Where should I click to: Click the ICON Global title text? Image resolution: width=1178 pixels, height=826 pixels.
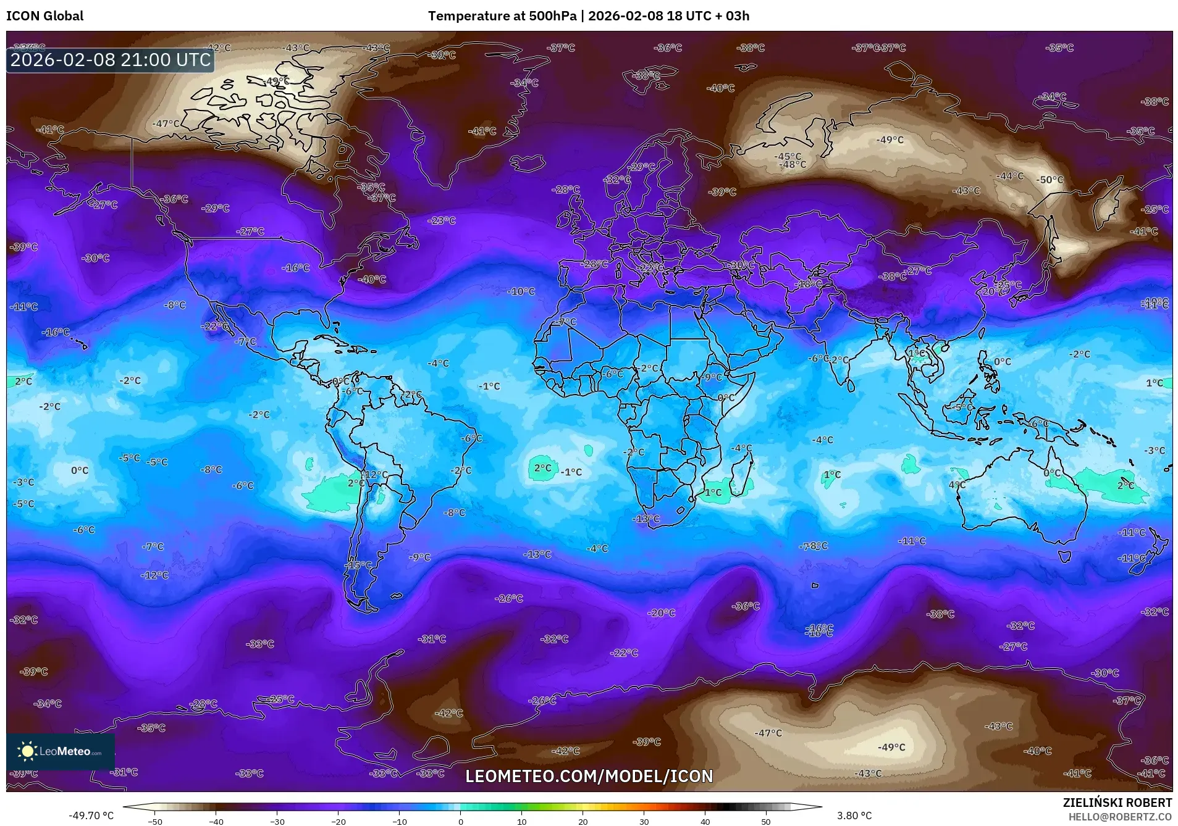click(44, 16)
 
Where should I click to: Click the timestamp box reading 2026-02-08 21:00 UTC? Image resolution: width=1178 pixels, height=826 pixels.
click(111, 60)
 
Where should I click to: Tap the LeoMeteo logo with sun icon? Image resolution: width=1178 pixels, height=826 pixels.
click(60, 751)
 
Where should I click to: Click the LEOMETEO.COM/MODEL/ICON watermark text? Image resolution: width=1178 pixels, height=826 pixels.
click(589, 776)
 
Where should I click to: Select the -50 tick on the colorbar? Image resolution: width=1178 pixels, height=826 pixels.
click(155, 822)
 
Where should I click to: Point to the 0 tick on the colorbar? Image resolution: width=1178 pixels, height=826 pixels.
click(460, 822)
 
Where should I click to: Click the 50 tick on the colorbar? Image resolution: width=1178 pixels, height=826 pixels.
click(766, 822)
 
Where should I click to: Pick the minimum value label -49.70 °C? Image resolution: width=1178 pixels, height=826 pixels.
click(91, 816)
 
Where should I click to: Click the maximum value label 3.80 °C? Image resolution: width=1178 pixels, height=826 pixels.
click(854, 816)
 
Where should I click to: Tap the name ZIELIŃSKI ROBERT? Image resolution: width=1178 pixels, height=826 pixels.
click(1117, 803)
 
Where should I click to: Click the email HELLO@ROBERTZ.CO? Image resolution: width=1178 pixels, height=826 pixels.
click(1120, 816)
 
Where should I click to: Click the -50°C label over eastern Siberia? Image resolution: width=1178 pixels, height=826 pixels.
click(1050, 180)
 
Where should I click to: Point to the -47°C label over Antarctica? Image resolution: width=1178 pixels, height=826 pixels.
click(768, 733)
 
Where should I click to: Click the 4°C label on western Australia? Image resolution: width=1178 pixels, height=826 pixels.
click(956, 485)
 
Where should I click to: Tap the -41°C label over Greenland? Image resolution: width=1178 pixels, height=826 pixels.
click(482, 131)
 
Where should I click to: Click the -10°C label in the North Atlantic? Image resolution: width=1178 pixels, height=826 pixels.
click(521, 291)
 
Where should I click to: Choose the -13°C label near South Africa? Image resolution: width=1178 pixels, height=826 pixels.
click(647, 519)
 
